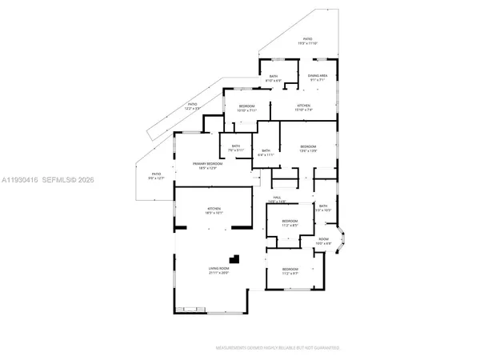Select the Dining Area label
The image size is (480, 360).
(318, 77)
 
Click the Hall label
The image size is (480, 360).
(277, 199)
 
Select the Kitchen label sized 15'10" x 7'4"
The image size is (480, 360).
(304, 108)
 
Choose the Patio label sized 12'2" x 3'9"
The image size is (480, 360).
(192, 106)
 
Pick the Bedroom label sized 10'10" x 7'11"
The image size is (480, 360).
(246, 108)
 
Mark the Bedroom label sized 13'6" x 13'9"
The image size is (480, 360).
(308, 149)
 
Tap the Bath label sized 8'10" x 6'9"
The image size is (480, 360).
(274, 78)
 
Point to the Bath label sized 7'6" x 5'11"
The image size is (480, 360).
(235, 148)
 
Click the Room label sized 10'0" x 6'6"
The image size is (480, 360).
(324, 241)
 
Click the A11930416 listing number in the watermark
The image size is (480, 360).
(22, 180)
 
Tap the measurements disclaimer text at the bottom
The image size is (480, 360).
(278, 348)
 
